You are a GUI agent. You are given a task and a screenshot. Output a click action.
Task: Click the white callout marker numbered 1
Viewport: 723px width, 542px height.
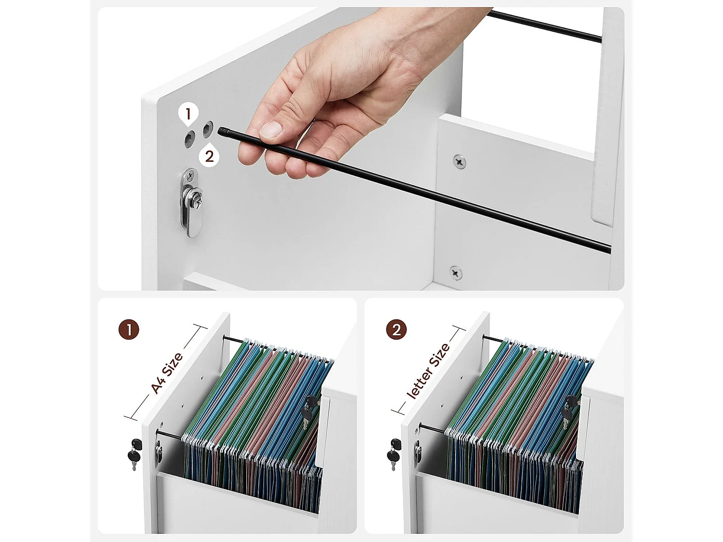pyautogui.click(x=188, y=115)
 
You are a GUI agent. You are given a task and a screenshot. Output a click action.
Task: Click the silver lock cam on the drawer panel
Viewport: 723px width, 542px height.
pyautogui.click(x=191, y=203)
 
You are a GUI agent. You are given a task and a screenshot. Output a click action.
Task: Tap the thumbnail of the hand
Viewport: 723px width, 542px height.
pyautogui.click(x=271, y=130)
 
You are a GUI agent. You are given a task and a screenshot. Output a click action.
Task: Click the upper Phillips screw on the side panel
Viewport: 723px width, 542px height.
pyautogui.click(x=459, y=161)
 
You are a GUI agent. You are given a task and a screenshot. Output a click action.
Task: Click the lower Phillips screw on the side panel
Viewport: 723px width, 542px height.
pyautogui.click(x=455, y=273)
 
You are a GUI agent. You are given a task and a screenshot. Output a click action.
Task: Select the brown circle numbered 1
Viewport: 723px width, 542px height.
pyautogui.click(x=129, y=330)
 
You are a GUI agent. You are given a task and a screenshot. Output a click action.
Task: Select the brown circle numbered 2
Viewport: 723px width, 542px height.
pyautogui.click(x=397, y=330)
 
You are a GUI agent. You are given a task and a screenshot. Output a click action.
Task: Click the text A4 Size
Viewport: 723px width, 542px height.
pyautogui.click(x=167, y=373)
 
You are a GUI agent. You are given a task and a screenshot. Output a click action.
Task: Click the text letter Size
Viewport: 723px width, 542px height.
pyautogui.click(x=428, y=370)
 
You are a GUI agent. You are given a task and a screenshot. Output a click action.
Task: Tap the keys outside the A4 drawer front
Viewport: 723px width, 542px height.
pyautogui.click(x=134, y=454)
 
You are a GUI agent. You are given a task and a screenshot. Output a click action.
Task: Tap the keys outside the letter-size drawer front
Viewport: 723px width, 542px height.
pyautogui.click(x=394, y=454)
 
